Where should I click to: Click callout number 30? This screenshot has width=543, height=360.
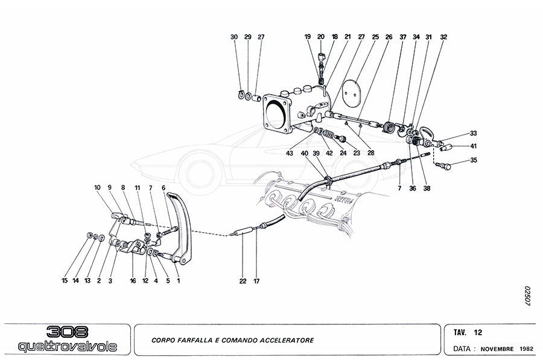click(234, 37)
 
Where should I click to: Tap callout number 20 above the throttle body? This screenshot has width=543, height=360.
click(321, 37)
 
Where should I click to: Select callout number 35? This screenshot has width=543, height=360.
click(474, 161)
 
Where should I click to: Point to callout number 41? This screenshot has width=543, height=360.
click(474, 147)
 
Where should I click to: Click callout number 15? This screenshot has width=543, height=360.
click(65, 280)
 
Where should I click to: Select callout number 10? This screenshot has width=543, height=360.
click(97, 188)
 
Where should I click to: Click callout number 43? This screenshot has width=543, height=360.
click(290, 153)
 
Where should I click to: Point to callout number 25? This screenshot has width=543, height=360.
click(375, 37)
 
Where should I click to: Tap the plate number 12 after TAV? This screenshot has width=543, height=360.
click(477, 332)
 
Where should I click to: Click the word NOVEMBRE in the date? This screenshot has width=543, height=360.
click(497, 349)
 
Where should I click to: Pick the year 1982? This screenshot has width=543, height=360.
click(526, 349)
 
